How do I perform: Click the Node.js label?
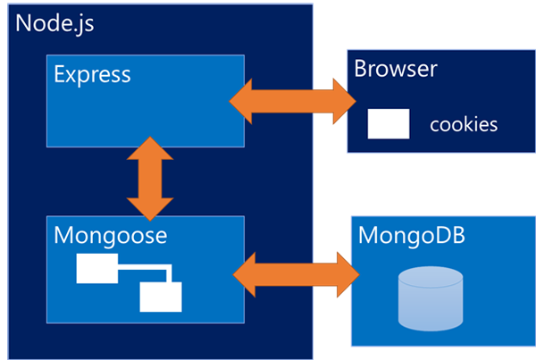click(54, 23)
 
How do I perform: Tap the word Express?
click(92, 74)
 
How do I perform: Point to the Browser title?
click(396, 68)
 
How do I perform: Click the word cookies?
click(464, 124)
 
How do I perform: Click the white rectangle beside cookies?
click(389, 124)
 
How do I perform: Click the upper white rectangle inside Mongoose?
click(96, 268)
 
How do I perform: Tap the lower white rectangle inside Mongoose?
click(160, 296)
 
